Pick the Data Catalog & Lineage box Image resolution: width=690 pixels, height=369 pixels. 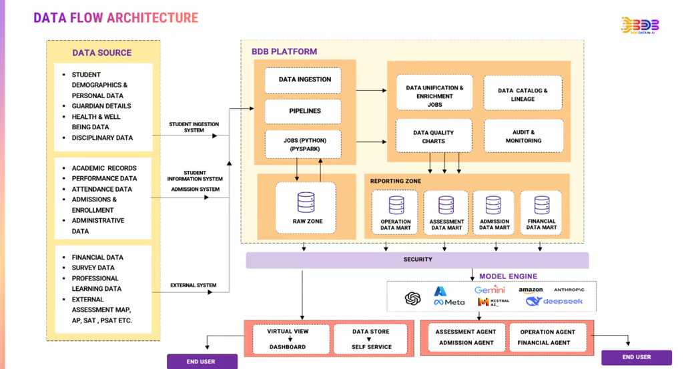(523, 95)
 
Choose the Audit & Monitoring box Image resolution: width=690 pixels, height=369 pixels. (523, 136)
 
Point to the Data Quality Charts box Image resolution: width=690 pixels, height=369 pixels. (433, 137)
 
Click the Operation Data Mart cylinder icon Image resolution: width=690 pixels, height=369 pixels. (396, 205)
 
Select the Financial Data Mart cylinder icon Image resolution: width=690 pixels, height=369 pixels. (541, 204)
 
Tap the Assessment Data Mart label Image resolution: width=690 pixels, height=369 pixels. (446, 225)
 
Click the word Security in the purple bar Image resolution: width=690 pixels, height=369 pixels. (418, 260)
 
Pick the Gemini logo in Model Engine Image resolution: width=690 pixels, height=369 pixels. (490, 290)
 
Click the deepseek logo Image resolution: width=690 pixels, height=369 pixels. (554, 302)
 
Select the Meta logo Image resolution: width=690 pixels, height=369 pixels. (449, 302)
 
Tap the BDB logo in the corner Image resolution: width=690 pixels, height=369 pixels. (639, 26)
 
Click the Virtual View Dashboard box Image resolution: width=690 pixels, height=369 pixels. (288, 339)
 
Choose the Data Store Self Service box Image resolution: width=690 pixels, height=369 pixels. (371, 339)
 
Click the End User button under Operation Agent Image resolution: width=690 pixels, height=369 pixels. (636, 357)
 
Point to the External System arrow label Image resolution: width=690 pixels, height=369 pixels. (194, 286)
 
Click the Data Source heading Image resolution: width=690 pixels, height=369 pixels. (102, 53)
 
